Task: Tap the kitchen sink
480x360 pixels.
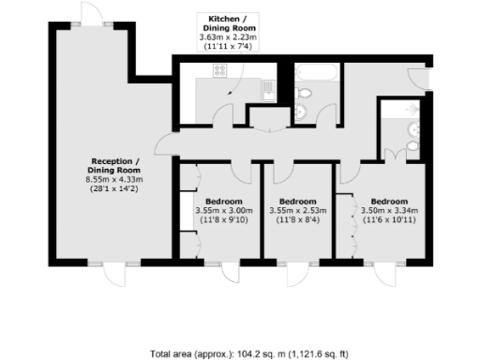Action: pos(269,89)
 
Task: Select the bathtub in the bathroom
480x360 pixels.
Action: pos(317,71)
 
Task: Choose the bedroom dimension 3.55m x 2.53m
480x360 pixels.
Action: pos(299,211)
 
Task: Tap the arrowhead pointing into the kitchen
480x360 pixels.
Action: pos(229,94)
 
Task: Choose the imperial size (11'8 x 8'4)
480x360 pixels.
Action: pos(299,221)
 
